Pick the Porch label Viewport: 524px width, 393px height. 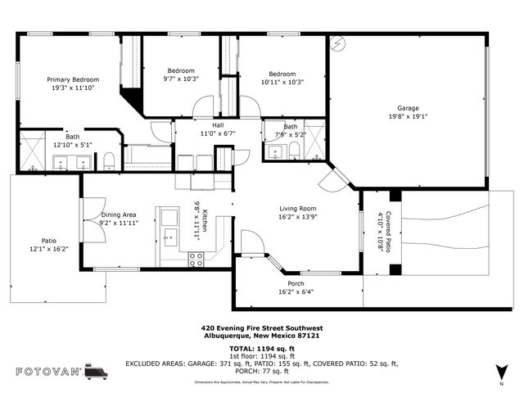pos(296,283)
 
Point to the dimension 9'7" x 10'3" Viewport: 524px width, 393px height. pos(181,79)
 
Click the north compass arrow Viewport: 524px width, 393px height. pos(501,373)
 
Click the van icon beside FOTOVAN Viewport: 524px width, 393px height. pos(96,372)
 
